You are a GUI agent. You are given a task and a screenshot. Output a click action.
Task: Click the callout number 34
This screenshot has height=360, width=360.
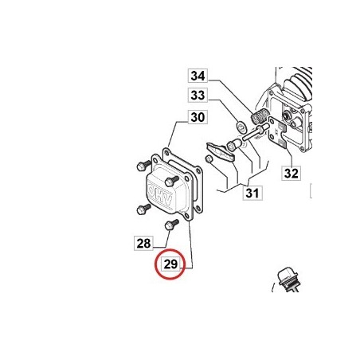click(x=198, y=76)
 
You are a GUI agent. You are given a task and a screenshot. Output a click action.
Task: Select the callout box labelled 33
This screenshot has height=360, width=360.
click(x=198, y=95)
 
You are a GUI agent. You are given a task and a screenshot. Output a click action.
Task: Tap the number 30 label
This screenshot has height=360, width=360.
click(x=198, y=117)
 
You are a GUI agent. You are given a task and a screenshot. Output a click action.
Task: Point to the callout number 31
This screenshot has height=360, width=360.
click(x=252, y=193)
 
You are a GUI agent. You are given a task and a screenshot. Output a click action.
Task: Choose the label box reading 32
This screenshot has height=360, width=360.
click(x=291, y=174)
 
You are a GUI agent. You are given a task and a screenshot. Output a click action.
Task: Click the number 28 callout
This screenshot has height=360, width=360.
click(x=143, y=243)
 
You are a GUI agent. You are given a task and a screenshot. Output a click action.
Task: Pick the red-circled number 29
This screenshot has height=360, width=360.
click(x=170, y=264)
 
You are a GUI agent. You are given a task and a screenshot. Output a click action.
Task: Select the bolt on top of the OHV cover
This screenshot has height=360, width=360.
click(x=172, y=181)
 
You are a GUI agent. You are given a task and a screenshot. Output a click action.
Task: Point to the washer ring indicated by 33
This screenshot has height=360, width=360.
click(x=241, y=125)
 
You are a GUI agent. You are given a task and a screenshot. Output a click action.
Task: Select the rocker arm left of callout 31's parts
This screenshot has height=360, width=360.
click(x=220, y=151)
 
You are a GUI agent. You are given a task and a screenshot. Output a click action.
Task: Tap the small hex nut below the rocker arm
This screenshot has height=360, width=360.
click(x=209, y=159)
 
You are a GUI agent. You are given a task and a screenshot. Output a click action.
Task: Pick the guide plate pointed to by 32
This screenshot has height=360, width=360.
click(x=277, y=133)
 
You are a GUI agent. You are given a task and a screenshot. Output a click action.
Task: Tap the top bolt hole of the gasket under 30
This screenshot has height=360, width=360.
click(x=166, y=153)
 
